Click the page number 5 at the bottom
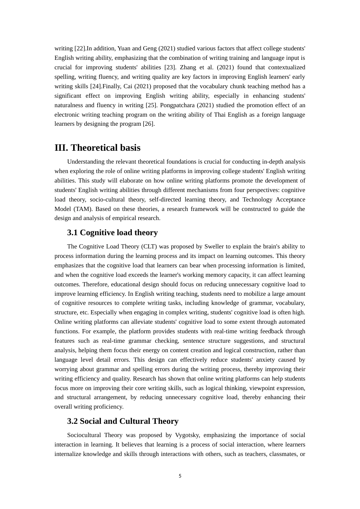click(180, 476)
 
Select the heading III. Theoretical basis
click(97, 148)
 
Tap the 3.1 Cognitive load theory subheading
click(112, 233)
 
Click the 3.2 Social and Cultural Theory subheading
click(122, 421)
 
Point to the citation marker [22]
click(80, 48)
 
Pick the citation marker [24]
click(95, 86)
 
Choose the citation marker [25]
click(151, 105)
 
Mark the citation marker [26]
click(149, 124)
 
